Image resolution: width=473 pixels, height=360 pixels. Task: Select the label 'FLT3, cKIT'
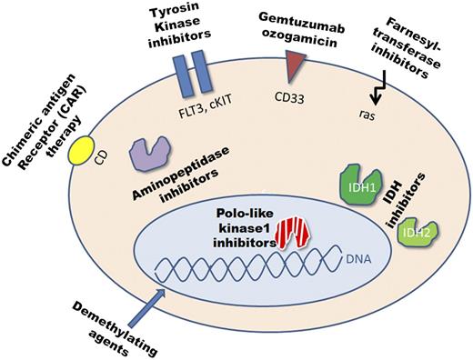(x=192, y=105)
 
